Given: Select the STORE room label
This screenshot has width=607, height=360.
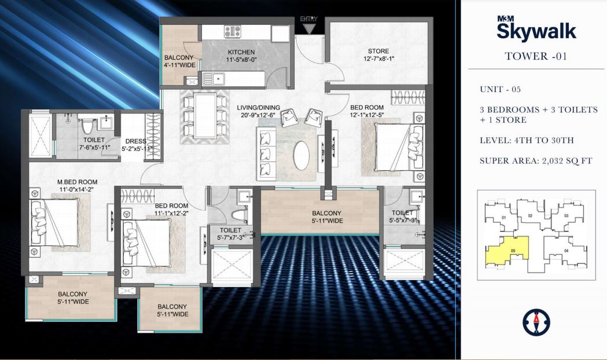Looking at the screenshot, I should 378,51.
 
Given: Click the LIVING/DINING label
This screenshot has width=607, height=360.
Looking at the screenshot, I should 258,107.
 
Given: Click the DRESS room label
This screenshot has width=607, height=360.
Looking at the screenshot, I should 134,141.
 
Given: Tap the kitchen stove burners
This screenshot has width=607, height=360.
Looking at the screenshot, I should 232,32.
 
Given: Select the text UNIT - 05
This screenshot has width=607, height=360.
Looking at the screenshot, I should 501,89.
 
